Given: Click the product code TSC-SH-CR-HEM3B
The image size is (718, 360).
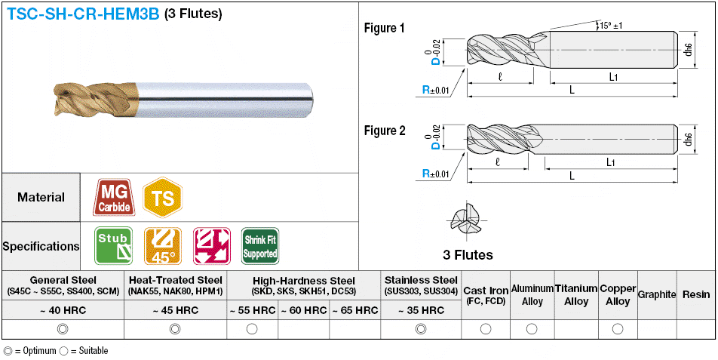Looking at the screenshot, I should coord(82,14).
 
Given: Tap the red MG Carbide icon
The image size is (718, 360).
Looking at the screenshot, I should coord(114,197).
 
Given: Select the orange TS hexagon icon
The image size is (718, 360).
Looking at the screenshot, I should coord(162,197).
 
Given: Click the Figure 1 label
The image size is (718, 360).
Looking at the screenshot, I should coord(384,29).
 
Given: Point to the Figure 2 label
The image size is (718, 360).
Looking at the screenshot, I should coord(384,131).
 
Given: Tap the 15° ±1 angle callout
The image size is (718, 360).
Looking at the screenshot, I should coord(609,26).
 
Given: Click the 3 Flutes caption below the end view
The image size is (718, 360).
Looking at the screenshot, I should coord(468,255).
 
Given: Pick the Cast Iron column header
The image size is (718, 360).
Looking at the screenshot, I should coord(485,294).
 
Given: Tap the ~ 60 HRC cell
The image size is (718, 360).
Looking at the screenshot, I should coord(303,310).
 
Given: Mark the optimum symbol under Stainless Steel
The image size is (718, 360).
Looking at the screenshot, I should coord(421,329).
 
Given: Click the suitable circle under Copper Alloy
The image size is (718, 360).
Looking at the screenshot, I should coord(618,329).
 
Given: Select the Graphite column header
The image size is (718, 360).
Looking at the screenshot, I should coord(656,294).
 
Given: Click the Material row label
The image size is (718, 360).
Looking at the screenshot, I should coord(41,197).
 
